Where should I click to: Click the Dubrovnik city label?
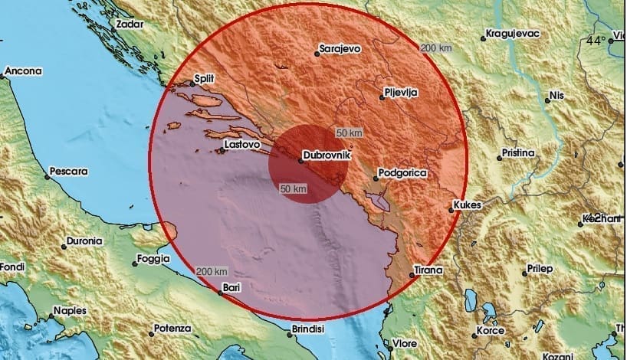(x=327, y=155)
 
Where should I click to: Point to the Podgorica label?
(x=403, y=174)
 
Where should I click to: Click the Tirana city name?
(x=427, y=270)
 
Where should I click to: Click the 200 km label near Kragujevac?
(x=435, y=48)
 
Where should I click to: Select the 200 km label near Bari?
(x=212, y=272)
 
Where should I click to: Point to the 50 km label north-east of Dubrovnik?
(x=349, y=133)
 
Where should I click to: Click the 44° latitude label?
(x=596, y=40)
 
